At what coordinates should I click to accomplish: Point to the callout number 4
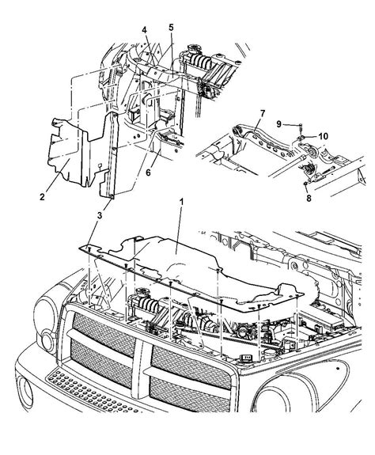(x=145, y=31)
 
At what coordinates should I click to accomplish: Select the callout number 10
(x=322, y=136)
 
